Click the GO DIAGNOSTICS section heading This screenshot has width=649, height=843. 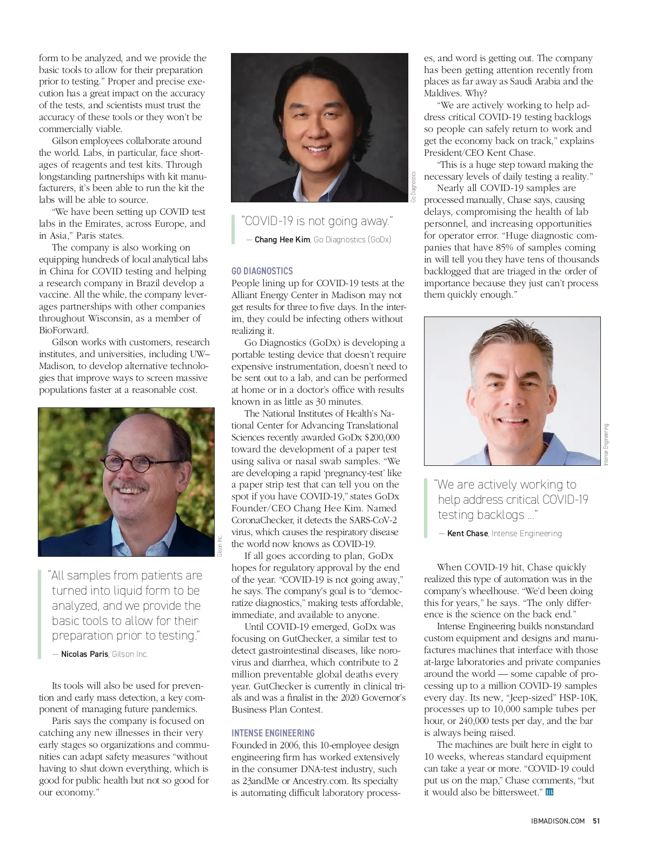[x=262, y=271]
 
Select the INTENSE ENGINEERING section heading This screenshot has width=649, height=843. [x=273, y=733]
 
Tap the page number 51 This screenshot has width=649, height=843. [x=596, y=821]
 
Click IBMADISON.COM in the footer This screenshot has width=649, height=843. [x=558, y=821]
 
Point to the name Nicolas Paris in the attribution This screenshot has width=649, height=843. [x=84, y=654]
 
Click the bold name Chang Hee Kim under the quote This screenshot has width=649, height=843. [x=282, y=240]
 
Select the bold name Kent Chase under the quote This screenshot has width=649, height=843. [x=467, y=534]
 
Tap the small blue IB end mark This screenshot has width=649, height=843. [x=549, y=792]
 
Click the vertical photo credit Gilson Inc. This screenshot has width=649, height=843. [x=220, y=546]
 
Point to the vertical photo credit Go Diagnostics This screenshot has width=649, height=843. [x=413, y=187]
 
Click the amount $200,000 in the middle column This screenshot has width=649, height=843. [x=382, y=437]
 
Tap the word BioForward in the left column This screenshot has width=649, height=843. [x=63, y=330]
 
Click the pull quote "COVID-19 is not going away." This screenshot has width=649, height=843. [x=317, y=221]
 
